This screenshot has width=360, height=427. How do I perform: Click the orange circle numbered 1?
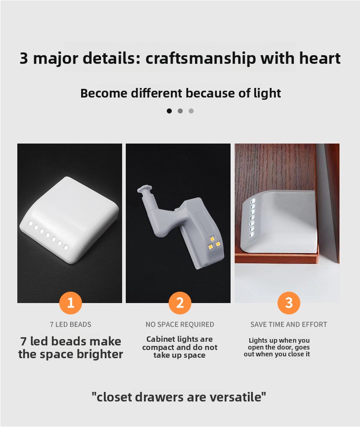click(x=71, y=303)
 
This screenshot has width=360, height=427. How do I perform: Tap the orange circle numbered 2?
click(x=180, y=303)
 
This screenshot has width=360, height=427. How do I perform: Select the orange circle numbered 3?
click(x=288, y=303)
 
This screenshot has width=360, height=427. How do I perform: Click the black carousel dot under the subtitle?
click(x=169, y=111)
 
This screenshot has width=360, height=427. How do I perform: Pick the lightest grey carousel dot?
click(x=191, y=111)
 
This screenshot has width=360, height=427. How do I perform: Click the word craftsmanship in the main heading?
click(x=201, y=58)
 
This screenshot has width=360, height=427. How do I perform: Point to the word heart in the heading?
click(x=320, y=58)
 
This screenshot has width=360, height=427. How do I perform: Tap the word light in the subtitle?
click(x=267, y=93)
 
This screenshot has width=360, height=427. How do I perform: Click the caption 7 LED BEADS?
click(x=71, y=324)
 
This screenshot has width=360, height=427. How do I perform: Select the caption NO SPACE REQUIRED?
click(x=180, y=324)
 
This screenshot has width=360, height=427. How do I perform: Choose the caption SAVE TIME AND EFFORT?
click(x=288, y=324)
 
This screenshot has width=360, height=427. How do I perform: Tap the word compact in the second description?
click(x=158, y=348)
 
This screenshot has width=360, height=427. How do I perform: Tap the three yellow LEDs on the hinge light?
click(x=214, y=243)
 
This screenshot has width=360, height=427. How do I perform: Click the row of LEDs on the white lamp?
click(x=48, y=235)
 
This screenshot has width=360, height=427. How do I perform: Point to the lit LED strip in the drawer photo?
click(x=252, y=217)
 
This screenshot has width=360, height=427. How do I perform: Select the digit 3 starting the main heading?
click(x=24, y=58)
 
